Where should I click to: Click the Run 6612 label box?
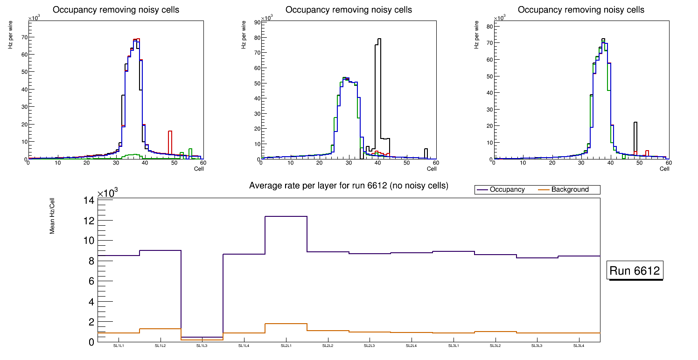click(635, 271)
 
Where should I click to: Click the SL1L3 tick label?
click(202, 346)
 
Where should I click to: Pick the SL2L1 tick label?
click(286, 346)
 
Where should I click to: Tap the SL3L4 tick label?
click(579, 346)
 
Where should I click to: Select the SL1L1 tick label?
click(119, 346)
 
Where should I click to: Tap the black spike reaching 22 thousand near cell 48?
click(635, 123)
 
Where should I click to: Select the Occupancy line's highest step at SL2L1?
click(286, 216)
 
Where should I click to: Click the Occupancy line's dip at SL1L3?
click(202, 337)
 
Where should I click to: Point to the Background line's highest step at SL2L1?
click(286, 324)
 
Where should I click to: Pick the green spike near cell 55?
click(190, 149)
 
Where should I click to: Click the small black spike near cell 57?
click(426, 149)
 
